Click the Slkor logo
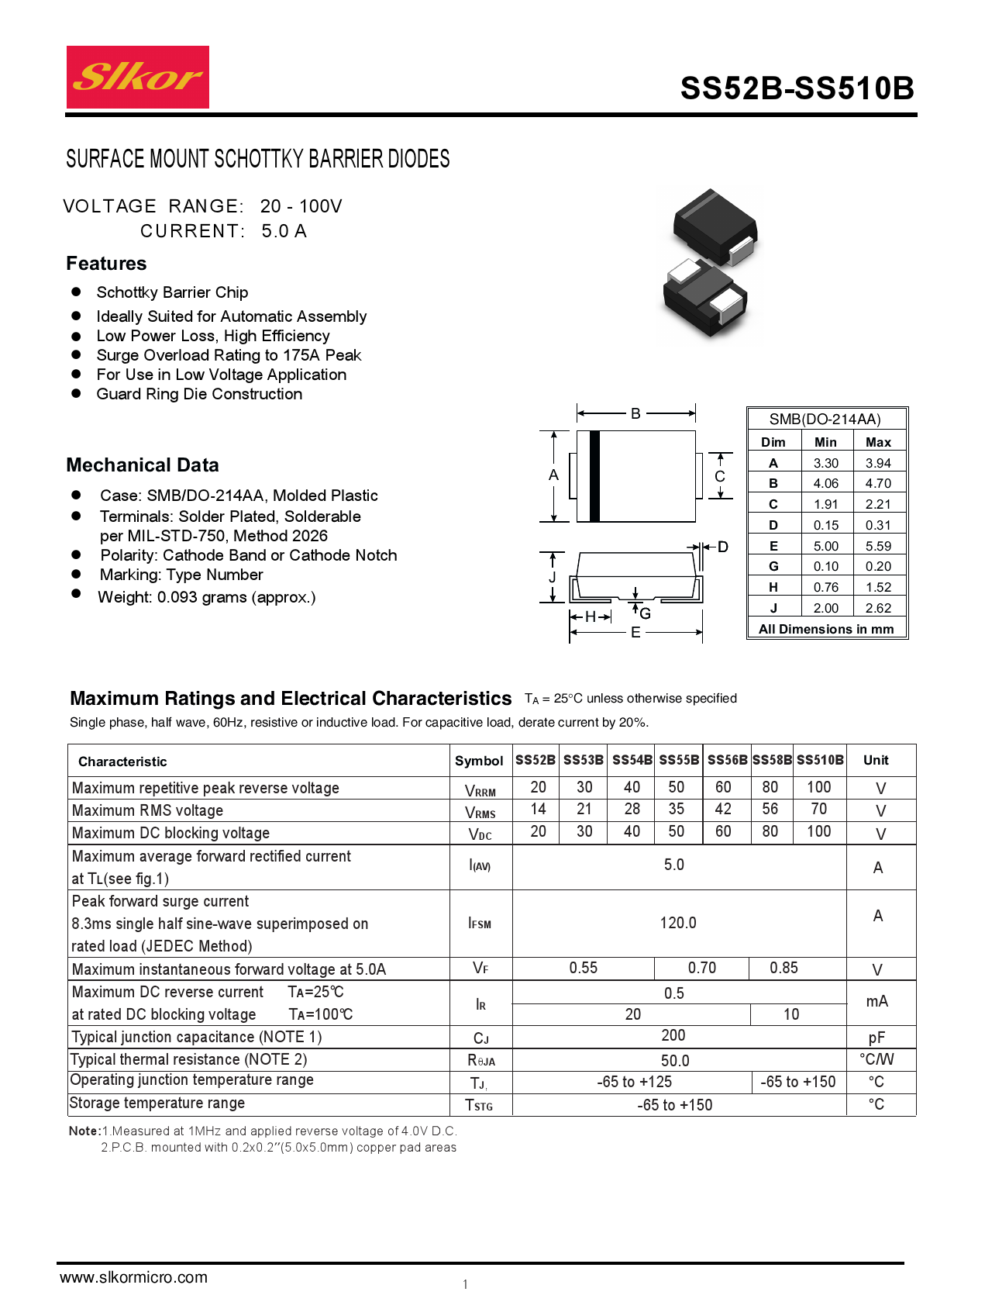tap(138, 78)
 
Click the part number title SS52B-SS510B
tap(797, 89)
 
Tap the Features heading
tap(106, 264)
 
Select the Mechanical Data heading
tap(143, 465)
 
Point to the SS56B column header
tap(727, 760)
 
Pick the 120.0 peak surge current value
tap(678, 923)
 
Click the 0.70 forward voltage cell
tap(701, 968)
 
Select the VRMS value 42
tap(723, 809)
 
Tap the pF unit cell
tap(877, 1038)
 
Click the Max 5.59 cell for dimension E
tap(878, 546)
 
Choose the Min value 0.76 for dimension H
tap(825, 587)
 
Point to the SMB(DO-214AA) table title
tap(825, 420)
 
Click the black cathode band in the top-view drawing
tap(595, 475)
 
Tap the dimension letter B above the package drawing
tap(635, 413)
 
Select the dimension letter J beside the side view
tap(553, 577)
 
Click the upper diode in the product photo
tap(715, 225)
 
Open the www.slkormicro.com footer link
tap(133, 1277)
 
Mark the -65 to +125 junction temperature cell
tap(634, 1082)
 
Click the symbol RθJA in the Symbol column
tap(480, 1060)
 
